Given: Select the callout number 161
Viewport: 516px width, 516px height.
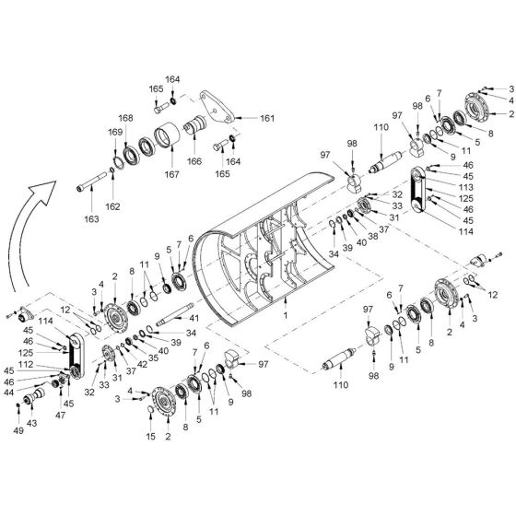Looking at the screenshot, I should point(267,119).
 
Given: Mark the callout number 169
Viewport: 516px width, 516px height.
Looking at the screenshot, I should point(115,133).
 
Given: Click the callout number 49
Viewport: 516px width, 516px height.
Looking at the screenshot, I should point(17,430).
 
